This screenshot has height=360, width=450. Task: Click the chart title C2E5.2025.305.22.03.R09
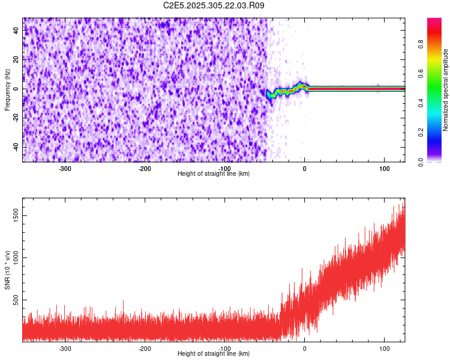tap(214, 5)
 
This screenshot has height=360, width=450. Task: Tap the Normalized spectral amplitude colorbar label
tap(446, 90)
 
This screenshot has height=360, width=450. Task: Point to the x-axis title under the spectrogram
tap(214, 173)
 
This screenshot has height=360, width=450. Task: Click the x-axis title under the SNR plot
tap(214, 353)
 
